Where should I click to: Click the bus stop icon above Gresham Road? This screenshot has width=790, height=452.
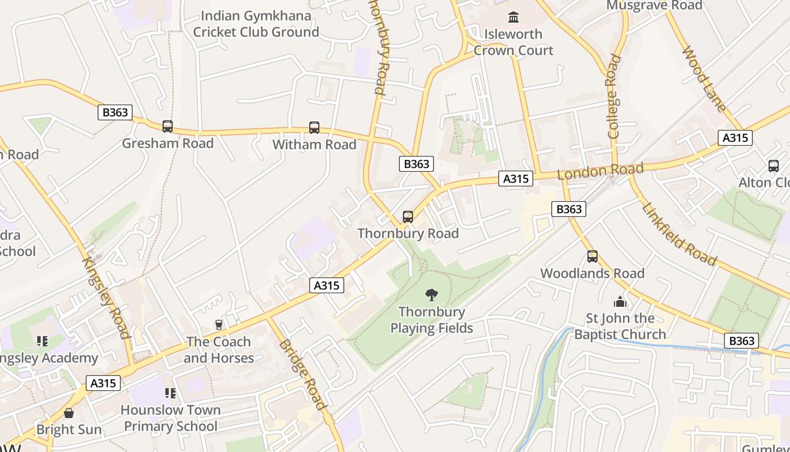pyautogui.click(x=168, y=127)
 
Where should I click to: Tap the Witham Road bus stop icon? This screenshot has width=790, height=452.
pyautogui.click(x=314, y=128)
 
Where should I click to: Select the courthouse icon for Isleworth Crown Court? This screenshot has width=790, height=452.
pyautogui.click(x=513, y=18)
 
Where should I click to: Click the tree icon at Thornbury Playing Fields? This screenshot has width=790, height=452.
pyautogui.click(x=432, y=294)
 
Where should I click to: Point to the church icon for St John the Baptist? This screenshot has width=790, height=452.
pyautogui.click(x=620, y=302)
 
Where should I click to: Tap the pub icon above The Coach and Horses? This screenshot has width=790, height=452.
pyautogui.click(x=219, y=324)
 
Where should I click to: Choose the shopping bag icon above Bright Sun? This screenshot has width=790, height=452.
pyautogui.click(x=69, y=413)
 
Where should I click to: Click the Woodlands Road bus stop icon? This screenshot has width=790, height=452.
pyautogui.click(x=592, y=257)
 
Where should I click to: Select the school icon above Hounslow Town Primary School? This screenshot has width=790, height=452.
pyautogui.click(x=170, y=393)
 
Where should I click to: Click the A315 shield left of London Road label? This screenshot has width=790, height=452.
pyautogui.click(x=516, y=179)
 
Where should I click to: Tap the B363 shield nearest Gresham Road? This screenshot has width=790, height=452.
pyautogui.click(x=115, y=112)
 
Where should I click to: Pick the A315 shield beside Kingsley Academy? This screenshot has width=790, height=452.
pyautogui.click(x=103, y=383)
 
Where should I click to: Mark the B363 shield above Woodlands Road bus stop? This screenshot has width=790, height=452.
pyautogui.click(x=569, y=209)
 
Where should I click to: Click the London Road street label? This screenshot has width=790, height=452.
pyautogui.click(x=600, y=171)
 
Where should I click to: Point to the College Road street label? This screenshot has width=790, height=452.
pyautogui.click(x=613, y=96)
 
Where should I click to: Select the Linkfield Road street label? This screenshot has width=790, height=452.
pyautogui.click(x=679, y=234)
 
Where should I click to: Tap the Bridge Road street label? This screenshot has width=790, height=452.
pyautogui.click(x=302, y=374)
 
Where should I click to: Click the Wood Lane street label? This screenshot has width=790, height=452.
pyautogui.click(x=704, y=79)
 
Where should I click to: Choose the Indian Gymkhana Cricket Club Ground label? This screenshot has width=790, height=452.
pyautogui.click(x=256, y=24)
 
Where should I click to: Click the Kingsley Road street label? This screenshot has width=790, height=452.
pyautogui.click(x=107, y=297)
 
